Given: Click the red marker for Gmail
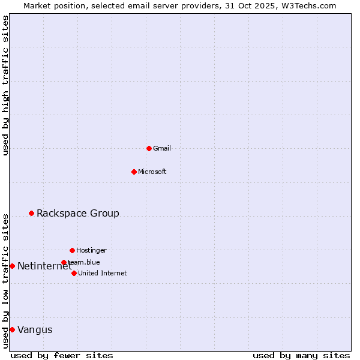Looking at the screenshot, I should (x=149, y=148).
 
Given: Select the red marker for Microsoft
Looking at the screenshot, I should (x=134, y=172).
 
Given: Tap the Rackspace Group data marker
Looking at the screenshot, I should (x=31, y=213).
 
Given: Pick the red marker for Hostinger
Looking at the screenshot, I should (x=72, y=250).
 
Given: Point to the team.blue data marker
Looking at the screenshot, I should (x=64, y=262).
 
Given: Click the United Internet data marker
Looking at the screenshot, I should (x=74, y=273).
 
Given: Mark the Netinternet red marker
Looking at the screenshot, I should (x=12, y=266).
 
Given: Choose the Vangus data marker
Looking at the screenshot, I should (x=12, y=329).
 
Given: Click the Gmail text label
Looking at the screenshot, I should (x=162, y=148).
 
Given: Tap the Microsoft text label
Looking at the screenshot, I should (x=152, y=172).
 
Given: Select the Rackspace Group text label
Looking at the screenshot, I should (x=78, y=213).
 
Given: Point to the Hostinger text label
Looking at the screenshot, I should (x=91, y=250).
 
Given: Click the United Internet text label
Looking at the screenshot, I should (x=103, y=273).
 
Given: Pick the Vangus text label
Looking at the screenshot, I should (x=35, y=329).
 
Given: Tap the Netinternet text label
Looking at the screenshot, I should (x=44, y=266).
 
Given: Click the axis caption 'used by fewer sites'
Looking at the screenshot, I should (x=62, y=355).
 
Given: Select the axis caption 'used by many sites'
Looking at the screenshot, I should (x=301, y=355).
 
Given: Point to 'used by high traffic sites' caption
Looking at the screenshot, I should (x=5, y=85).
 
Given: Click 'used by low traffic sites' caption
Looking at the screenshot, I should (x=5, y=280).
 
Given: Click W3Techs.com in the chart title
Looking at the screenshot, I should (x=307, y=5).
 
